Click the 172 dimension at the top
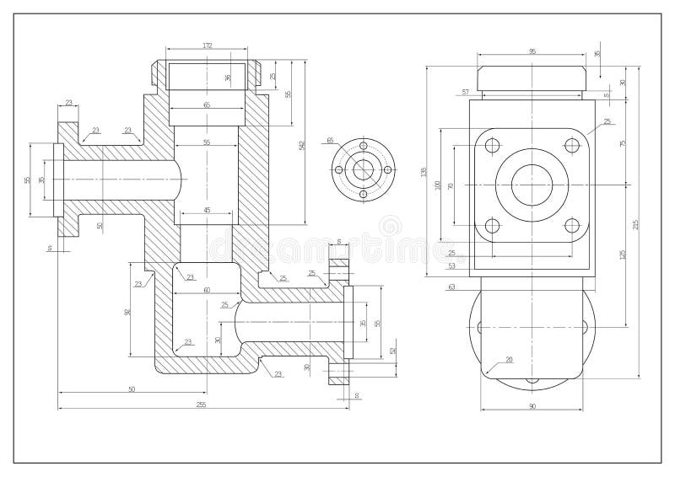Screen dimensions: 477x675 [207, 45]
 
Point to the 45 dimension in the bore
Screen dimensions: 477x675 [207, 210]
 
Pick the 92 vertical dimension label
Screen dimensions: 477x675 [128, 311]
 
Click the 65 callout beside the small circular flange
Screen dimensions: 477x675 [330, 140]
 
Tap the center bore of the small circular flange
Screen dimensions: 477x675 [364, 169]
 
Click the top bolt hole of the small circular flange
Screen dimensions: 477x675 [364, 145]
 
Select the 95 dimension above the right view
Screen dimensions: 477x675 [532, 52]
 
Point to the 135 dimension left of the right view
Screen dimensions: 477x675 [424, 172]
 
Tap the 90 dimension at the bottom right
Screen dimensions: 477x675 [532, 408]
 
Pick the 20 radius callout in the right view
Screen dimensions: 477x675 [509, 360]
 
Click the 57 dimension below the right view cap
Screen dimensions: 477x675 [465, 91]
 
